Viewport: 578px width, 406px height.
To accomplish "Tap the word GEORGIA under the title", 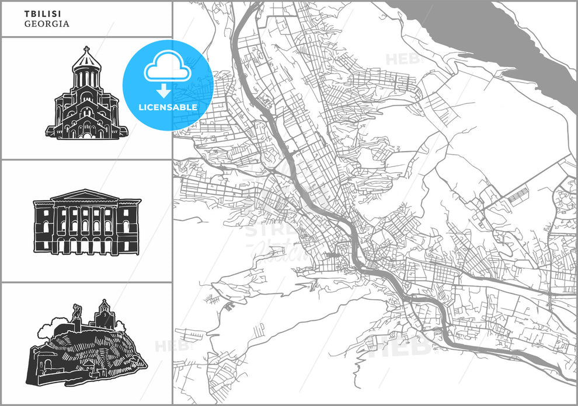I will pos(47,24).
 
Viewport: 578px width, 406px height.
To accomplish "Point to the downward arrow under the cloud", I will pos(165,90).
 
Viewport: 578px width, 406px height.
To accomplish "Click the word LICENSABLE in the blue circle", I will pos(168,107).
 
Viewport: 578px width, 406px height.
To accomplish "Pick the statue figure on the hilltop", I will pos(76,313).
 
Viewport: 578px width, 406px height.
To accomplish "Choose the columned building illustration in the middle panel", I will pos(87,222).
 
